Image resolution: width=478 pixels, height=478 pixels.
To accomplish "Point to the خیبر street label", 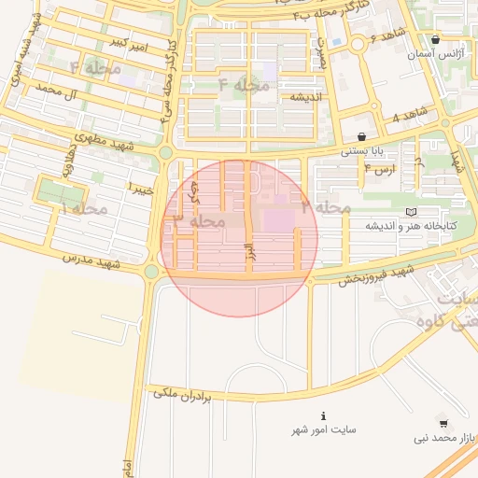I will [x=134, y=188].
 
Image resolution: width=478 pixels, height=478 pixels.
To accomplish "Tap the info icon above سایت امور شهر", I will [x=323, y=415].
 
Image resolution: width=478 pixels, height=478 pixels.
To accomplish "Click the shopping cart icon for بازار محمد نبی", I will [x=442, y=423].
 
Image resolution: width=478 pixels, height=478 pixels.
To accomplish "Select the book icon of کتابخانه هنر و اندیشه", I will [x=411, y=212].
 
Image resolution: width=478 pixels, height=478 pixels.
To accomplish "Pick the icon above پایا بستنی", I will [x=361, y=136].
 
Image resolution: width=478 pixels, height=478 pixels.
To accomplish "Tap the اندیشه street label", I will [x=305, y=97].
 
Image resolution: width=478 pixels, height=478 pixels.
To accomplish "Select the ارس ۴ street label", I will [x=380, y=169].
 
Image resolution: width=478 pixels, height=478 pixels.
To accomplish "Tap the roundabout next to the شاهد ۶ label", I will [x=357, y=44].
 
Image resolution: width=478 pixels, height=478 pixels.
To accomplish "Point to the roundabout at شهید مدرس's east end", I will [x=151, y=272].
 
